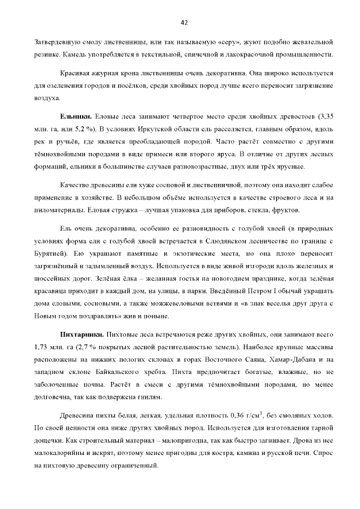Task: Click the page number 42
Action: tap(183, 22)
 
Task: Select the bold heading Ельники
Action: tap(76, 116)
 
